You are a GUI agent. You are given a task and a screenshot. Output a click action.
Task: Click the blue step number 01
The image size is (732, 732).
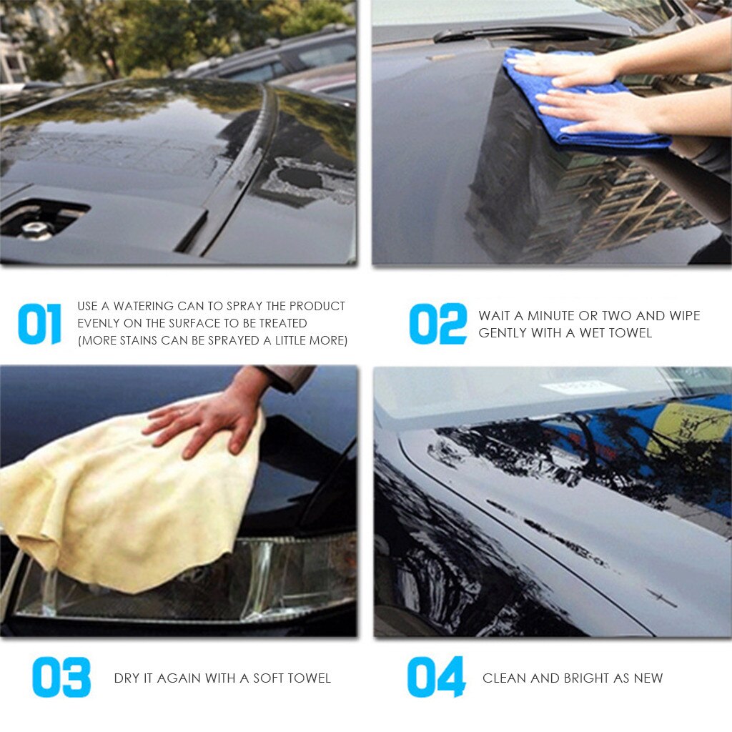click(39, 324)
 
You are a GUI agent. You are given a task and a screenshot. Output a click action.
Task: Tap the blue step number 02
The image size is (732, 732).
click(437, 324)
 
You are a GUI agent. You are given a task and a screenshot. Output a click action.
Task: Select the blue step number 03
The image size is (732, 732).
click(61, 677)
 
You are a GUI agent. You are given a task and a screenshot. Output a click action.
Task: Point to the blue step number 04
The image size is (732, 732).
click(436, 677)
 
